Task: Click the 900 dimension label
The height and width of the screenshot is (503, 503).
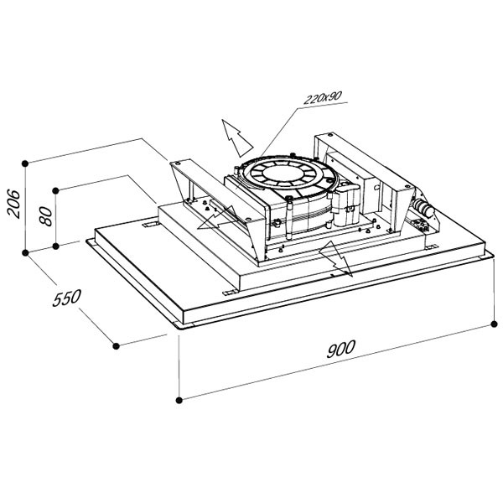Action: coord(341,349)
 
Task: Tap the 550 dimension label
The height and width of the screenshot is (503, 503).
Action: coord(67,298)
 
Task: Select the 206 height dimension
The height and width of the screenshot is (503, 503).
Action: coord(13,204)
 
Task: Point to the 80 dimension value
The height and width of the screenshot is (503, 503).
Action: coord(45,216)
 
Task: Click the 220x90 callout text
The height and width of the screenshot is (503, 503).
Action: coord(323,98)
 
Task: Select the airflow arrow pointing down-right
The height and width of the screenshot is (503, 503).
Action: coord(336,258)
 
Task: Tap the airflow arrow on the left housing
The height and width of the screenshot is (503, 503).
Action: coord(217,219)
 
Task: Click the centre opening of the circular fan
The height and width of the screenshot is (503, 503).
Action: coord(282,174)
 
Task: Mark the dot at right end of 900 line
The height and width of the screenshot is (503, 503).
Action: coord(494,324)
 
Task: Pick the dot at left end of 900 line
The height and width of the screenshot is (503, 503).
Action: coord(179,400)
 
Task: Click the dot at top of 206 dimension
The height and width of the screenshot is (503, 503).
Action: coord(25,163)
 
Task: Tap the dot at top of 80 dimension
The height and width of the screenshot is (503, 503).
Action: coord(55,191)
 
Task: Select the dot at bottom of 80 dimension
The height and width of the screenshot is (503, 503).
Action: coord(55,246)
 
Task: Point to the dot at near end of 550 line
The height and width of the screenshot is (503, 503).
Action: coord(117,345)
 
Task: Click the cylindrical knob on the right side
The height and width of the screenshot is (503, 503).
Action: coord(423,208)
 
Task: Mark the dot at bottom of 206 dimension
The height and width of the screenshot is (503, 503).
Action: coord(25,253)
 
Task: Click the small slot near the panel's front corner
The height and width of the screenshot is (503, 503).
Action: coord(231,293)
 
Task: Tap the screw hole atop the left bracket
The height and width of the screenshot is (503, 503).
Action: coord(178,163)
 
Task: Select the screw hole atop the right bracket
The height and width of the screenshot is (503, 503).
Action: coord(329,135)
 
